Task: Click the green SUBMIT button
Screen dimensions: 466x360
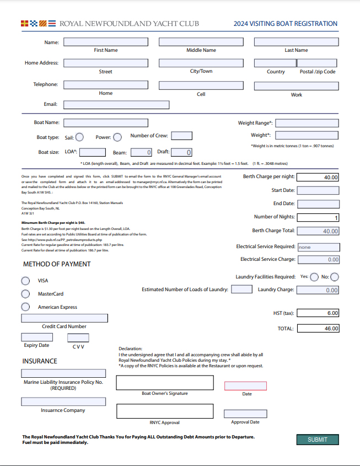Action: (x=318, y=440)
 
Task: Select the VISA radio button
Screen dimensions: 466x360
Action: (x=25, y=280)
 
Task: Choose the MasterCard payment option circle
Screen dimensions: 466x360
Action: (x=25, y=294)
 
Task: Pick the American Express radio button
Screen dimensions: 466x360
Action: (x=25, y=307)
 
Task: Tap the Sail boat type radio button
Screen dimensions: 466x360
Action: (x=79, y=137)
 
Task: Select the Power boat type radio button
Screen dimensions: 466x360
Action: (x=118, y=137)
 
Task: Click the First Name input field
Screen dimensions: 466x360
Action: (x=106, y=42)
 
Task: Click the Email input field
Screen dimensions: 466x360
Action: (x=116, y=104)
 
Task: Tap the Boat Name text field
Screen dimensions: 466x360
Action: (x=106, y=123)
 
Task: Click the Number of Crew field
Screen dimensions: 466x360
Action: (x=182, y=136)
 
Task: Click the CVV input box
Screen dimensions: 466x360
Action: (x=78, y=338)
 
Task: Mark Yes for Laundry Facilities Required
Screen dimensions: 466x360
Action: (x=315, y=277)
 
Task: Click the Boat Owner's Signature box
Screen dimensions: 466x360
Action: (x=165, y=382)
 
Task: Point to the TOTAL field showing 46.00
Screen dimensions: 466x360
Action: (x=318, y=329)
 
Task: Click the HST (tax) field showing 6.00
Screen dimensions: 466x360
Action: (x=318, y=313)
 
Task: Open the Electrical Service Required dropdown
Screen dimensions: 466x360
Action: (x=319, y=247)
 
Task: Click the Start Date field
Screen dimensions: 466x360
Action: (x=318, y=190)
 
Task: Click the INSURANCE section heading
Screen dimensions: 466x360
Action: (x=40, y=361)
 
